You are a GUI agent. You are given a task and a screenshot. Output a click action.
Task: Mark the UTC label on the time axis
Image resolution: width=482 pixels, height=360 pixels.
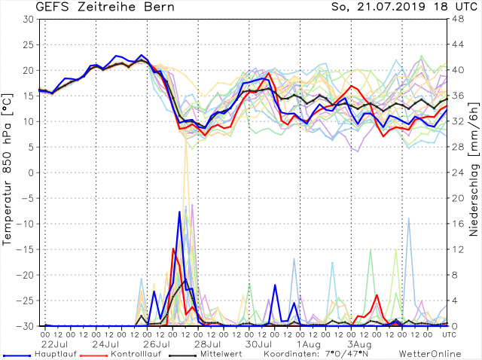tap(449, 334)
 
